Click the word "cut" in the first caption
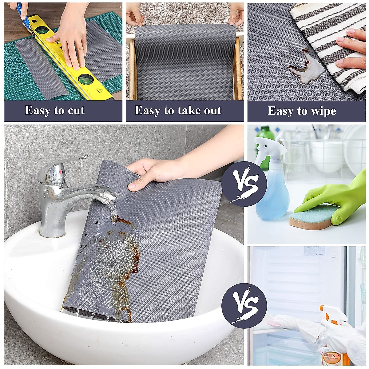(x=75, y=110)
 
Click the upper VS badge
(x=244, y=184)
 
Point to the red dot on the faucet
(x=61, y=171)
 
